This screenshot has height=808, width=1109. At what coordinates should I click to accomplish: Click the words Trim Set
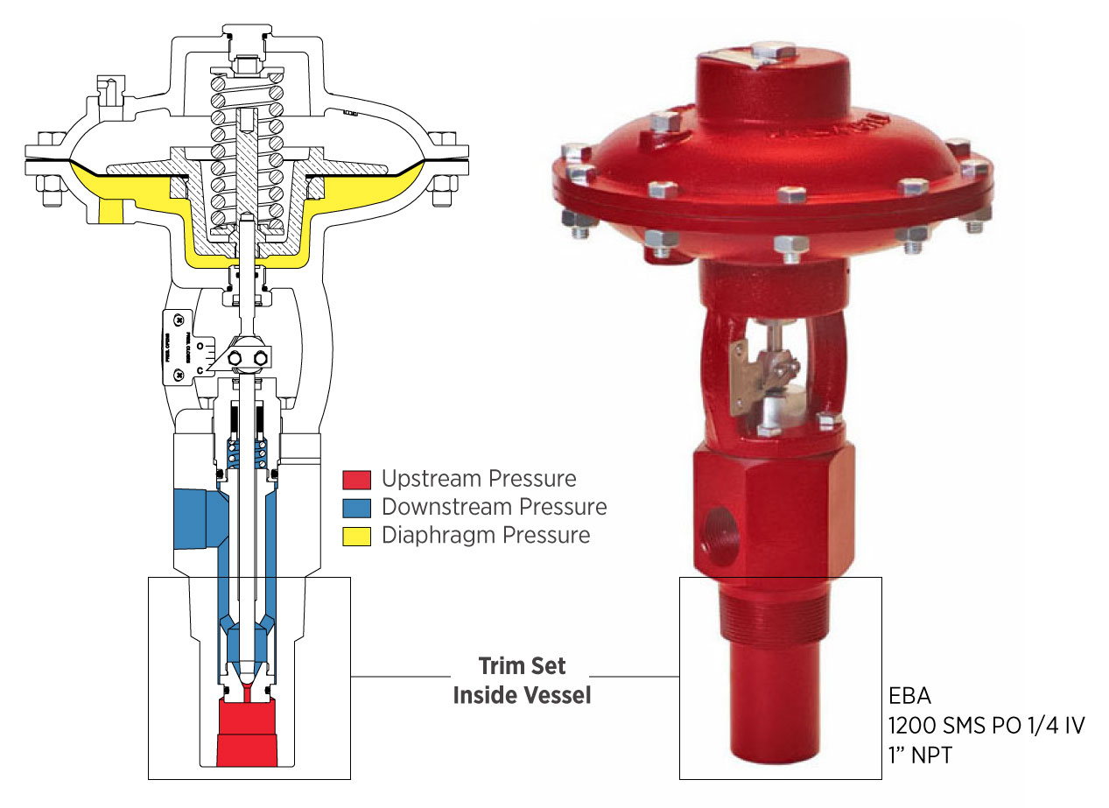click(522, 666)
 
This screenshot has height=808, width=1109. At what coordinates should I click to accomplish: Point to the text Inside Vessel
click(522, 696)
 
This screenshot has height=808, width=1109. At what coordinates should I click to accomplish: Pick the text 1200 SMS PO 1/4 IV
click(986, 727)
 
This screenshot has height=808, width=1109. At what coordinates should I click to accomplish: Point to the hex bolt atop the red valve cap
click(772, 49)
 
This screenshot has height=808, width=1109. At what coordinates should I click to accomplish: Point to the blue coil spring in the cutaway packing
click(248, 453)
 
